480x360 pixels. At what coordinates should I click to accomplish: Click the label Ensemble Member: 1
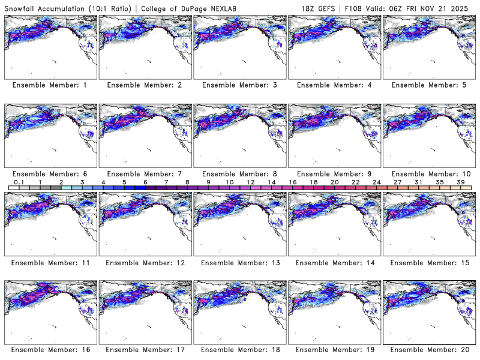tap(50, 85)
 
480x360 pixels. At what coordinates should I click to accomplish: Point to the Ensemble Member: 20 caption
tap(428, 350)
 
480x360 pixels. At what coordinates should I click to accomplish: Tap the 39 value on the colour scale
tap(461, 182)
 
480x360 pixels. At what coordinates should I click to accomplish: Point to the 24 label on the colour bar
tap(376, 182)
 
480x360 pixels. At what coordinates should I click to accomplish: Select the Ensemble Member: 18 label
tap(239, 350)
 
